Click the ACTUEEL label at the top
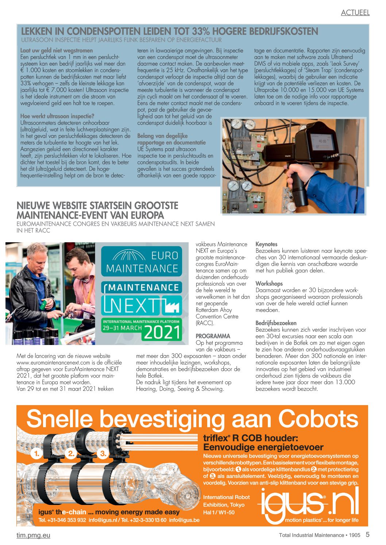(x=355, y=12)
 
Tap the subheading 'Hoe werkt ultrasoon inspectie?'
(x=57, y=116)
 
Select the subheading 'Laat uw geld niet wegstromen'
(x=57, y=51)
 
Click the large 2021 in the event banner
(x=162, y=332)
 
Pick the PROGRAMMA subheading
(x=213, y=336)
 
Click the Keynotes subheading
(x=266, y=244)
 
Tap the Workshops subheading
(x=269, y=283)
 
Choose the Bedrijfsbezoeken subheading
(x=276, y=323)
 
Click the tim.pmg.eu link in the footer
(x=33, y=535)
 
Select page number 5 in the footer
(x=367, y=534)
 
